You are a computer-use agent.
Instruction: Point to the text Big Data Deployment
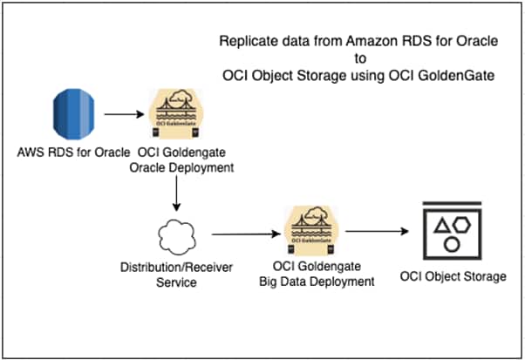tap(311, 282)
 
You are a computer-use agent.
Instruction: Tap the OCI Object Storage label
tap(453, 277)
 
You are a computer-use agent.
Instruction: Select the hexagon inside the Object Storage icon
tap(463, 225)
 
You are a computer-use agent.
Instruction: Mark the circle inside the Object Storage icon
tap(452, 244)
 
